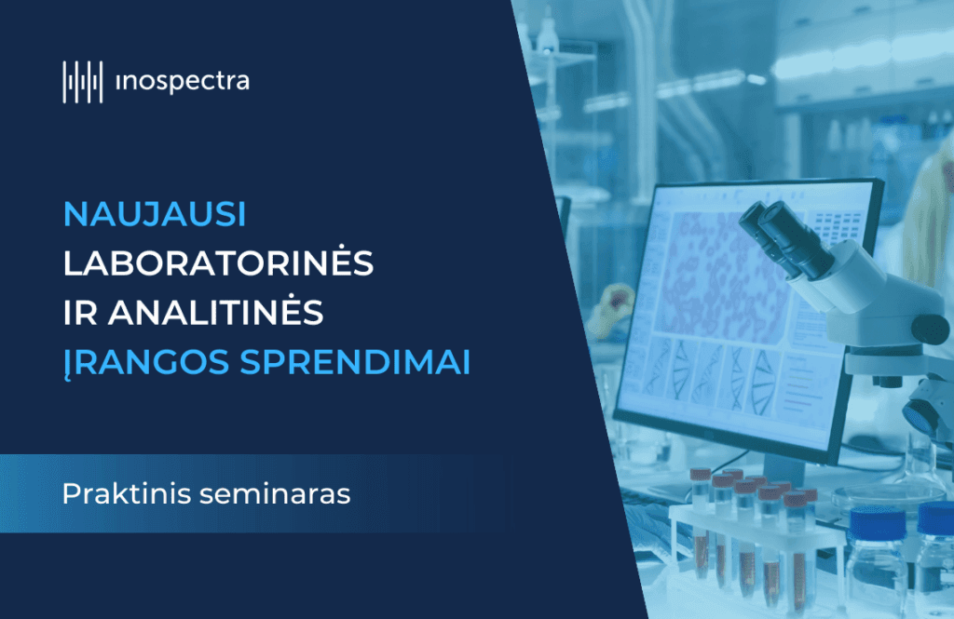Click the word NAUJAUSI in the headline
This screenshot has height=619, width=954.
(x=155, y=214)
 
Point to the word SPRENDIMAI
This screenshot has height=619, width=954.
(x=355, y=362)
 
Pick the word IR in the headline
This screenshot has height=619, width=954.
(x=80, y=313)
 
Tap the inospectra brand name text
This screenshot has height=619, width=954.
(x=182, y=82)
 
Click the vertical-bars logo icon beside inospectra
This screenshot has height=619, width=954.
(x=83, y=82)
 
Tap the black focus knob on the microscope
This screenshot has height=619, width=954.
(x=931, y=329)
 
